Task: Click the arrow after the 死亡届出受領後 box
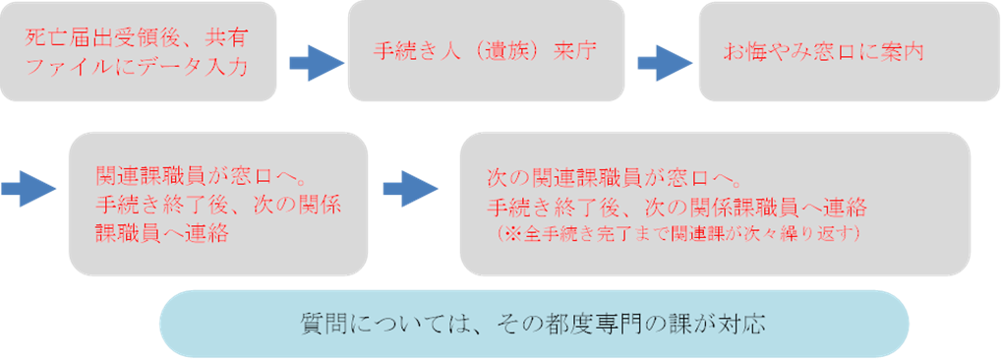click(316, 63)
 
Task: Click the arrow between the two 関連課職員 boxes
click(410, 186)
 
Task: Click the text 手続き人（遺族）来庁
click(485, 50)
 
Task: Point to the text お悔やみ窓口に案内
click(824, 50)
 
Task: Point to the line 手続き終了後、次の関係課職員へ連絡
click(677, 209)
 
